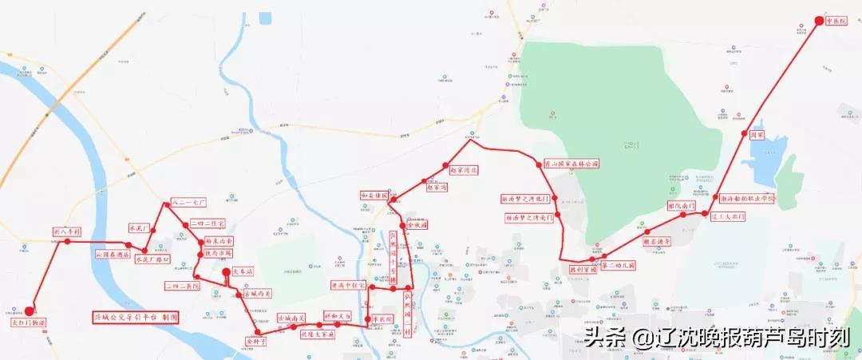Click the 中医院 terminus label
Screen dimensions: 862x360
[835, 22]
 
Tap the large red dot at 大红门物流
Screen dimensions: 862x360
[29, 311]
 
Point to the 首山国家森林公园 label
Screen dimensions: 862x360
[571, 164]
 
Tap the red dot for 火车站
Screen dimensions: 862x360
[226, 273]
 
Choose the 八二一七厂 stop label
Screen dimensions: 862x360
[188, 204]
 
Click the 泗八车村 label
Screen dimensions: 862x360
[67, 231]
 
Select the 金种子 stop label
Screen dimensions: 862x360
[256, 339]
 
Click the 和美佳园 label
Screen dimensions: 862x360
[374, 196]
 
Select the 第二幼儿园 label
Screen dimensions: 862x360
[619, 265]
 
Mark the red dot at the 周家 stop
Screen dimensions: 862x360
[744, 133]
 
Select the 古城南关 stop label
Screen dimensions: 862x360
[291, 318]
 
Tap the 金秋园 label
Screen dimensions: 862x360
[417, 225]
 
